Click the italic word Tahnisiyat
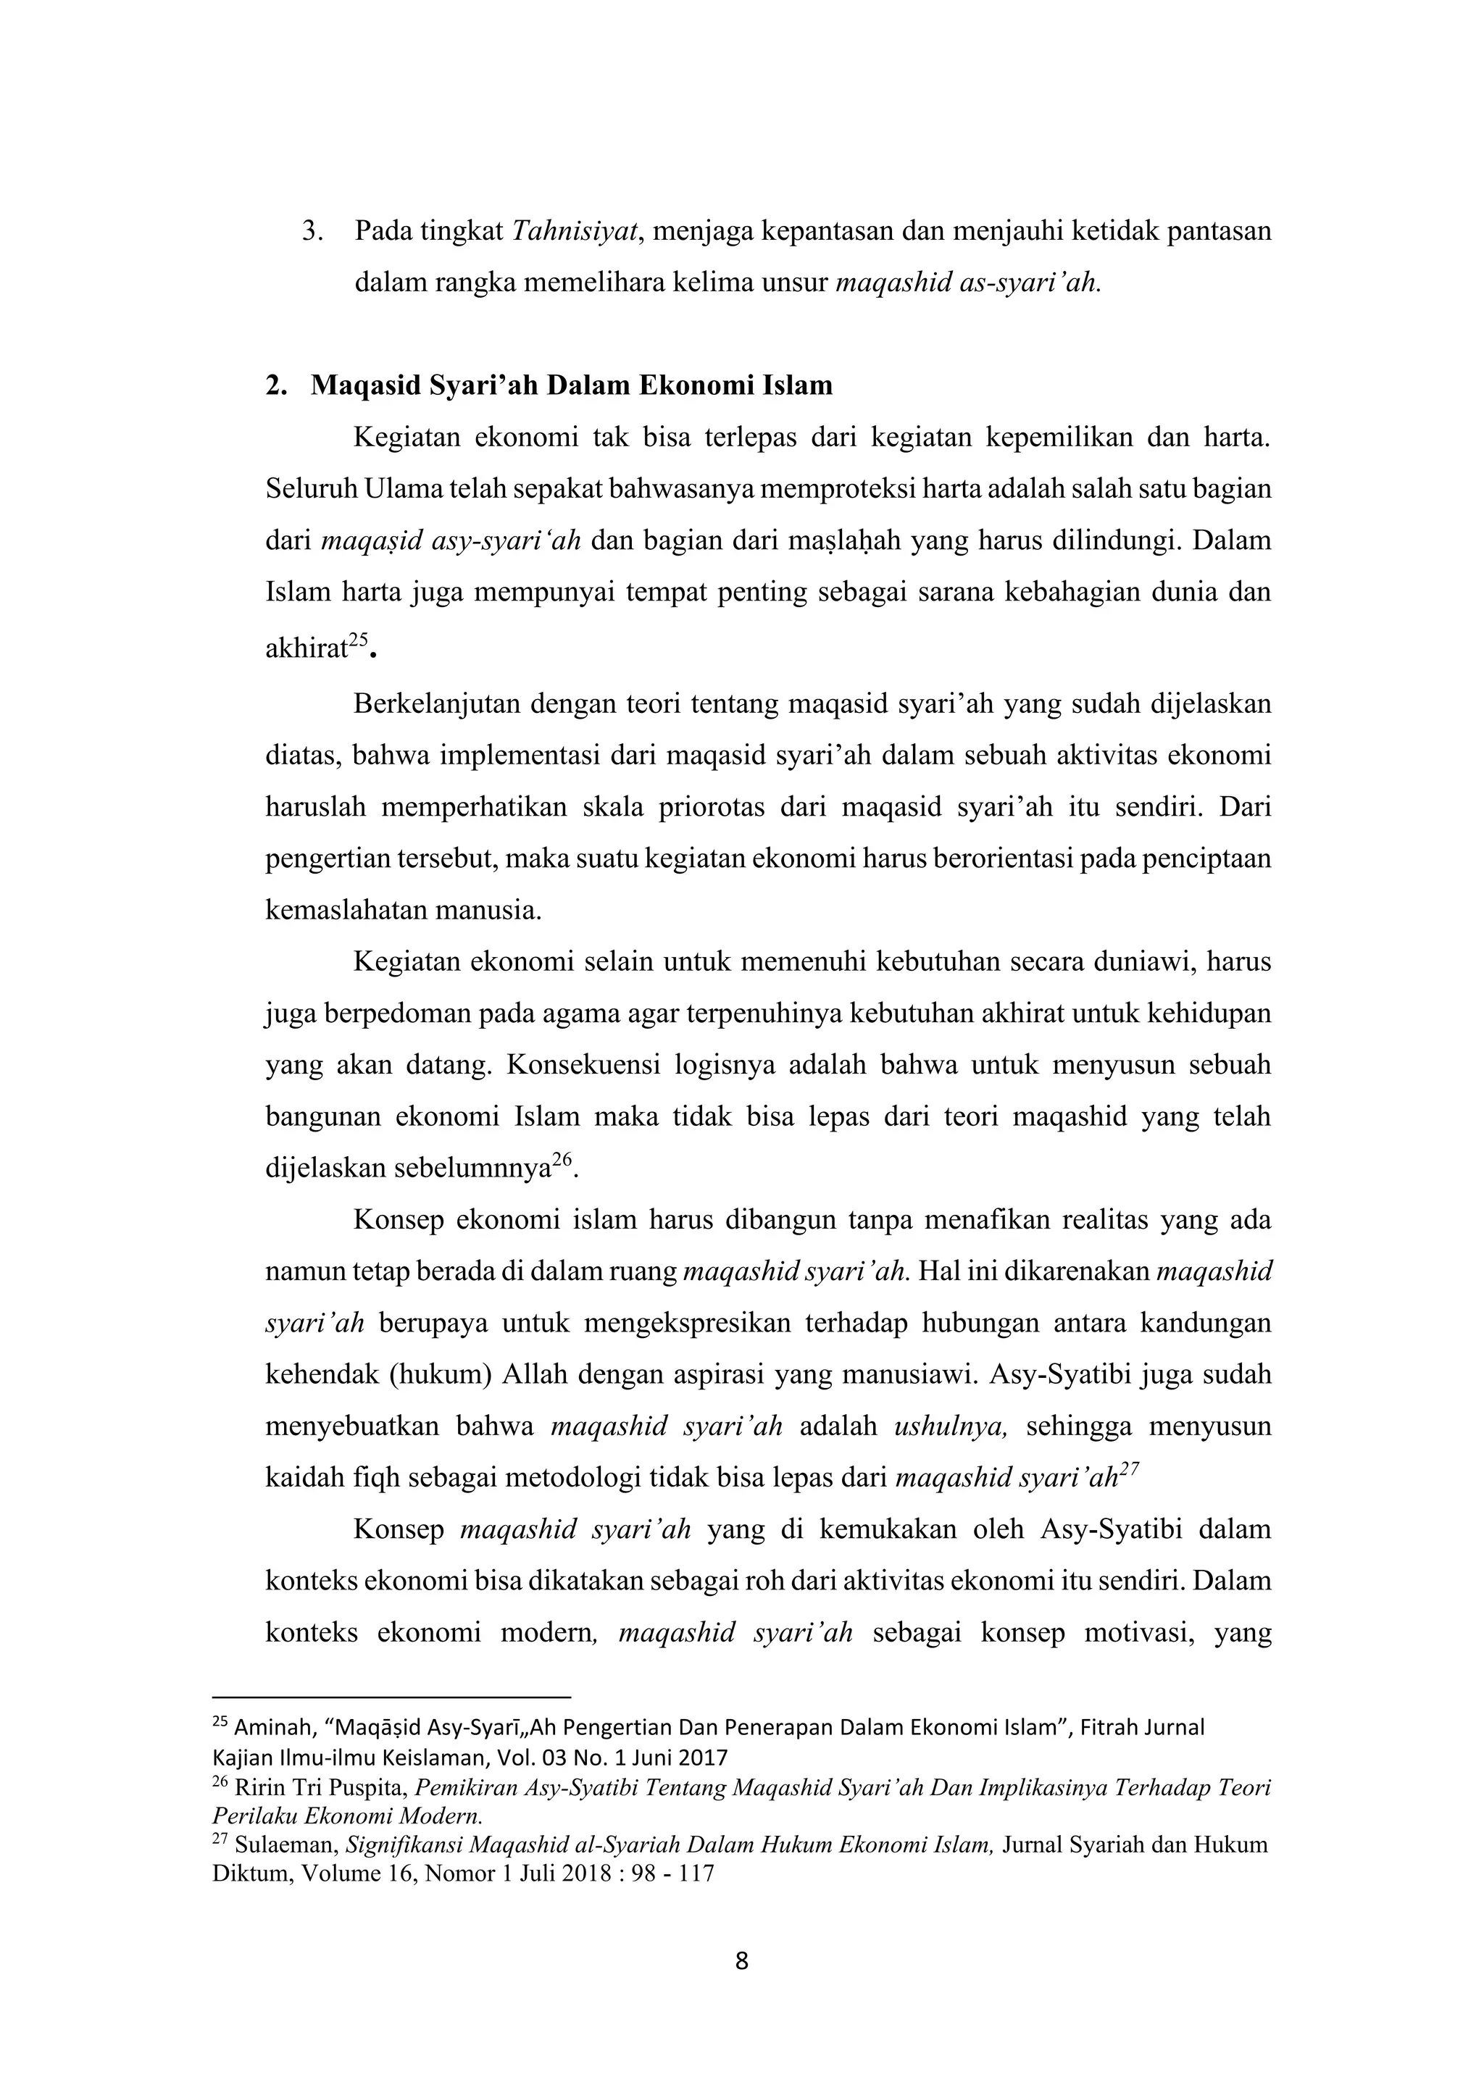(573, 232)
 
